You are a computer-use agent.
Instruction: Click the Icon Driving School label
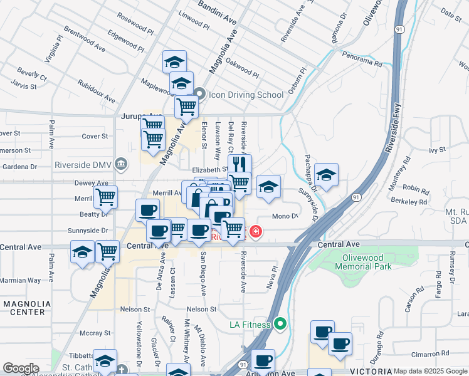coord(246,95)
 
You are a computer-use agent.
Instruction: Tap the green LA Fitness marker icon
coord(280,324)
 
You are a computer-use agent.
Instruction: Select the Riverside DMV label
coord(82,165)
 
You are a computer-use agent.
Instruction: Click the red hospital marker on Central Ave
coord(255,233)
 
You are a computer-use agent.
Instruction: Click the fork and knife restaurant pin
coord(240,164)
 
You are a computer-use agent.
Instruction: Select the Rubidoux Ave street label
coord(97,91)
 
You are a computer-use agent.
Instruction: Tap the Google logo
coord(21,368)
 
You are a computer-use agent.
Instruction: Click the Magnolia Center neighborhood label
coord(24,308)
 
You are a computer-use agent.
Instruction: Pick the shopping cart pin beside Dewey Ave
coord(105,197)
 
